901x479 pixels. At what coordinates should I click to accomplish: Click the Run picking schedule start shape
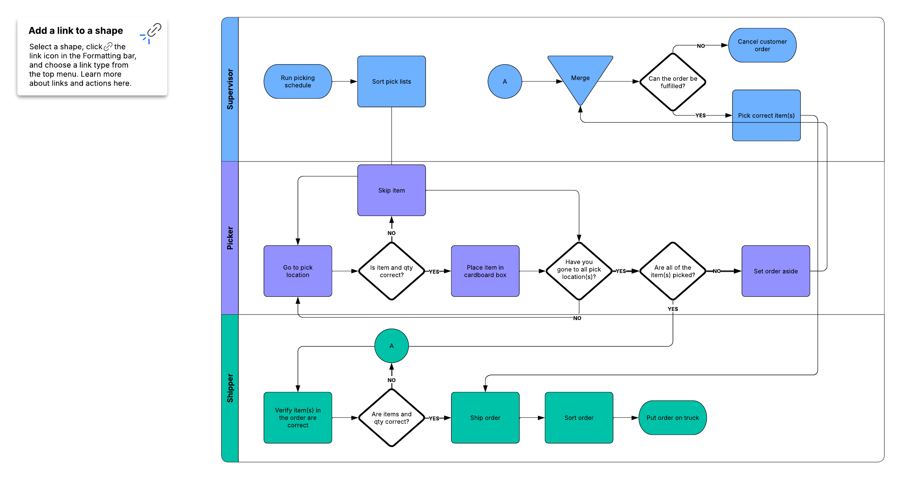click(298, 82)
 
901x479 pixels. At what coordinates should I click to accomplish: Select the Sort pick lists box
click(392, 82)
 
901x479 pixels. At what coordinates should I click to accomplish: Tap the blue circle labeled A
click(505, 82)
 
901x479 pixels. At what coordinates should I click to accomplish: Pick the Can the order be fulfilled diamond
click(673, 82)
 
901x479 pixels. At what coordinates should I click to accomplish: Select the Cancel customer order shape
click(762, 45)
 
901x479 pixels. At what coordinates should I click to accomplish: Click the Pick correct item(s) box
click(766, 115)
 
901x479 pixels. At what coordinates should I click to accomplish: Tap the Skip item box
click(392, 190)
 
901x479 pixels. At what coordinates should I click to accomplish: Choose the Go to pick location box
click(298, 271)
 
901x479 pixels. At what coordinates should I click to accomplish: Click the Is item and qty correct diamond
click(392, 271)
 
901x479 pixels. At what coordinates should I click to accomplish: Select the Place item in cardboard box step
click(485, 271)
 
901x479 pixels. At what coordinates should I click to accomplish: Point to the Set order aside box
click(776, 271)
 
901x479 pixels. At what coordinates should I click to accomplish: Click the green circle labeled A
click(392, 346)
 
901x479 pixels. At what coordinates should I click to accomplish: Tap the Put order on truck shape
click(672, 418)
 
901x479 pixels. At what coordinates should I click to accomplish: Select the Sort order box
click(579, 418)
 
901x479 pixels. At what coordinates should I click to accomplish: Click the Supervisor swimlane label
click(230, 89)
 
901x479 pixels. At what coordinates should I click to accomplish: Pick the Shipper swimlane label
click(230, 388)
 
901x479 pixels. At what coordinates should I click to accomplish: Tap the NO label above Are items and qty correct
click(392, 380)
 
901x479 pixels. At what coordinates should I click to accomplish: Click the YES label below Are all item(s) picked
click(673, 309)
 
